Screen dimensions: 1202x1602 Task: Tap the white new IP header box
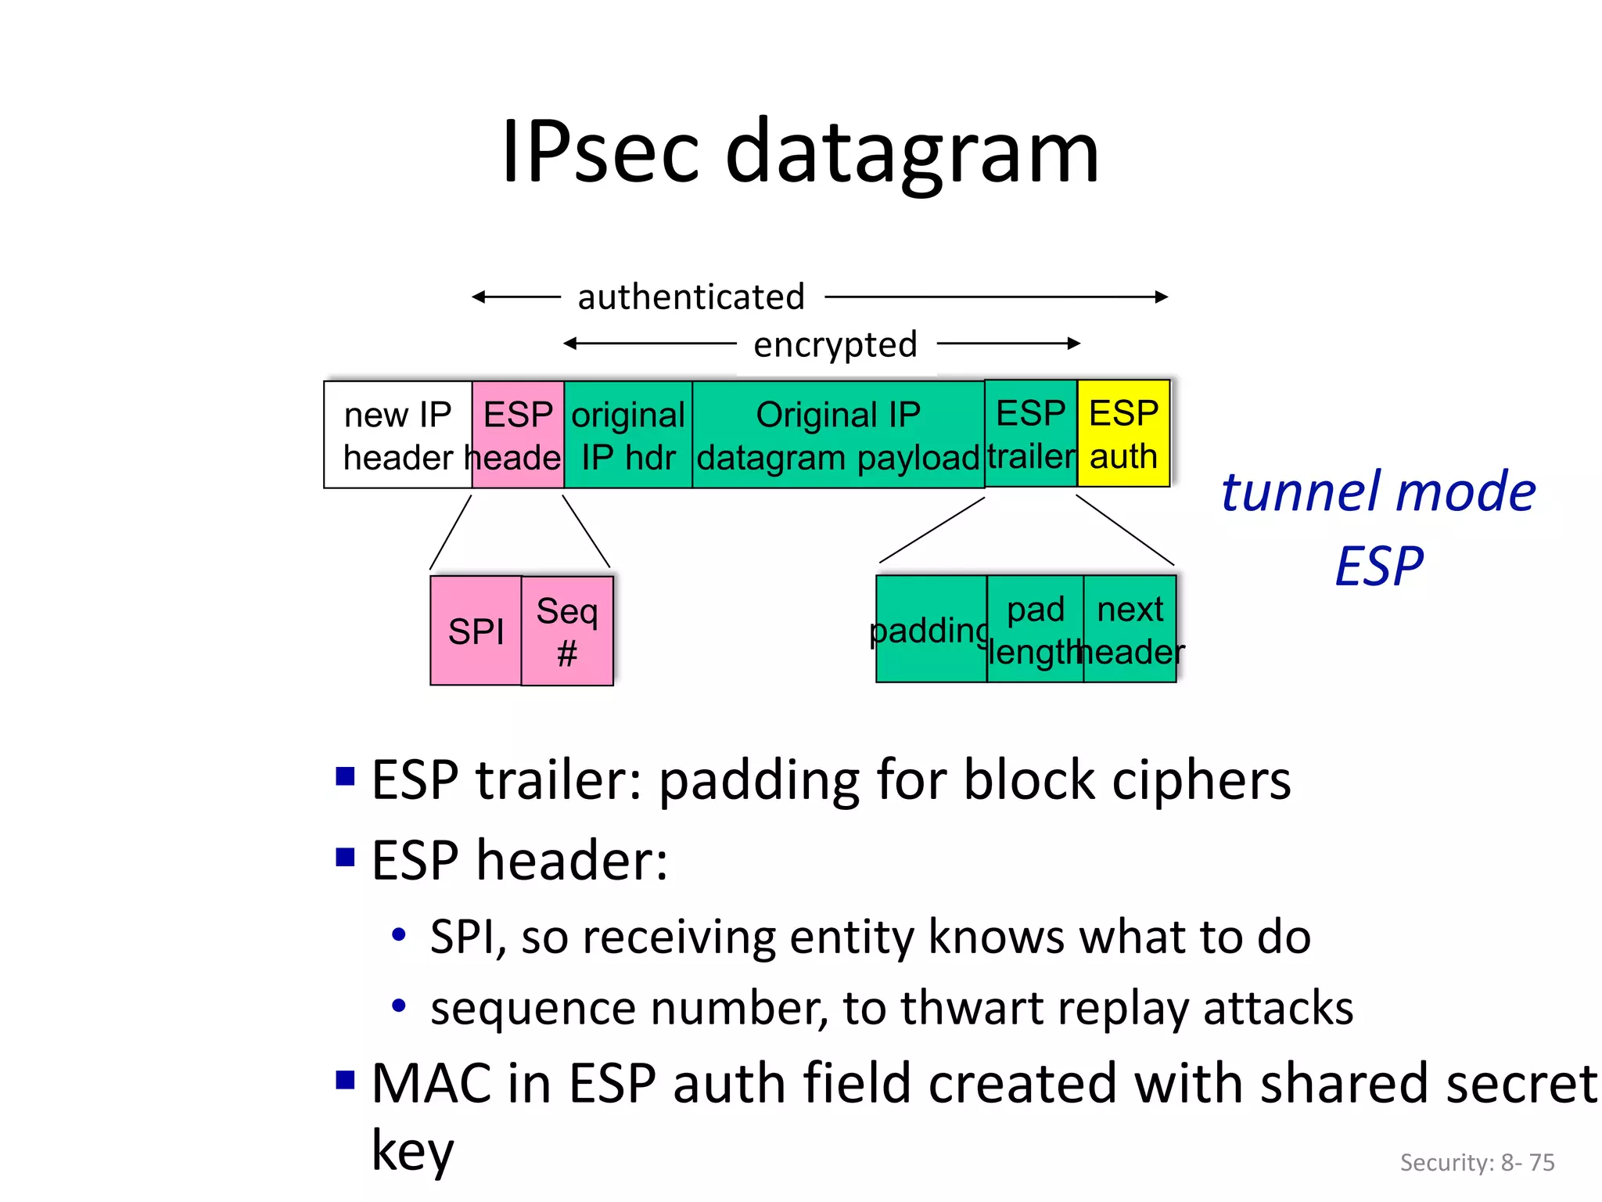(x=397, y=435)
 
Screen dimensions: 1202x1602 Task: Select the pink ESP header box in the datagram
(x=518, y=435)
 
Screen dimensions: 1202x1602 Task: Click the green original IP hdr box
(x=628, y=435)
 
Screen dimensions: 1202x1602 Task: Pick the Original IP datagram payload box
(x=838, y=435)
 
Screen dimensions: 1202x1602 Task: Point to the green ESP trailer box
(x=1030, y=434)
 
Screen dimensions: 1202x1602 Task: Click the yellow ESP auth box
(x=1123, y=434)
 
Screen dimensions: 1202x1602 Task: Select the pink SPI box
(x=476, y=631)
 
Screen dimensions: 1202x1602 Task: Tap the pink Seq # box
(x=567, y=631)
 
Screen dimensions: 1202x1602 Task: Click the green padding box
(x=931, y=629)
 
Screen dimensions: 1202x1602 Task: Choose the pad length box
(x=1035, y=629)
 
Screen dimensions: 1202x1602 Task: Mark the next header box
(x=1130, y=629)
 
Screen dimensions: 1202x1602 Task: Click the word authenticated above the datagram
(x=691, y=297)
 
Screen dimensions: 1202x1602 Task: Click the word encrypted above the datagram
(x=835, y=344)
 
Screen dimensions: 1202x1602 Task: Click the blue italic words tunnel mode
(x=1378, y=492)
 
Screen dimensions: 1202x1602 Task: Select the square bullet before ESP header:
(x=345, y=858)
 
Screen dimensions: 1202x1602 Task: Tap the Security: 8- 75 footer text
(x=1477, y=1162)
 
